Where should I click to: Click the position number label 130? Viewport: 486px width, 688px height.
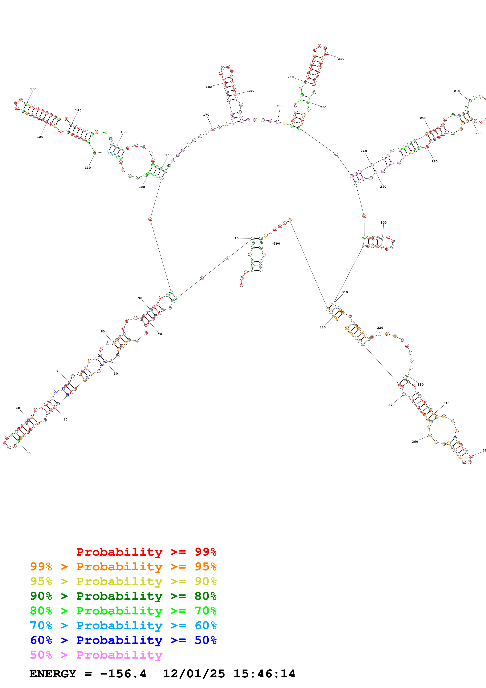pyautogui.click(x=33, y=89)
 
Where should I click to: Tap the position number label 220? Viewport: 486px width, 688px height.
pyautogui.click(x=341, y=59)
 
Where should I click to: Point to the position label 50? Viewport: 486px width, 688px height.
pyautogui.click(x=28, y=453)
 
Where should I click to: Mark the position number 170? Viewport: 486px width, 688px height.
pyautogui.click(x=206, y=115)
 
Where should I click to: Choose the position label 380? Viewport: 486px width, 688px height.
pyautogui.click(x=322, y=327)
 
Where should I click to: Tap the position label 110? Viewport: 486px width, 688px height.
pyautogui.click(x=87, y=167)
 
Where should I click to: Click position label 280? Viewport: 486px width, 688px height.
pyautogui.click(x=434, y=161)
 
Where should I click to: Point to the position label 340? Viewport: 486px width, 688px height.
pyautogui.click(x=446, y=403)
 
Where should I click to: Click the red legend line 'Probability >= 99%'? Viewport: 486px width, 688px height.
pyautogui.click(x=146, y=552)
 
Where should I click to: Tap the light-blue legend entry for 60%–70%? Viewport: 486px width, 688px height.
pyautogui.click(x=123, y=625)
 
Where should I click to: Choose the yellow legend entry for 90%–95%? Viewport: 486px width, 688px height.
pyautogui.click(x=123, y=581)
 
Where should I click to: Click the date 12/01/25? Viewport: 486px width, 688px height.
pyautogui.click(x=194, y=674)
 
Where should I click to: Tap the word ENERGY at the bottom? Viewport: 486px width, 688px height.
pyautogui.click(x=53, y=674)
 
